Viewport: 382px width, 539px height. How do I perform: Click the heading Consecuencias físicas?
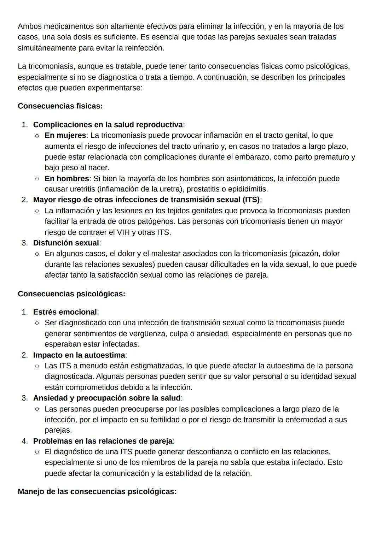coord(60,106)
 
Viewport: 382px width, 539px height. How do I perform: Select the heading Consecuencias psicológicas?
coord(71,294)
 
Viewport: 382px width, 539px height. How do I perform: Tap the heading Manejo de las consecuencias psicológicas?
coord(97,492)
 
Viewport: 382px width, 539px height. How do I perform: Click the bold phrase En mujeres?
coord(65,135)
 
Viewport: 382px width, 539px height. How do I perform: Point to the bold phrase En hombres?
coord(66,179)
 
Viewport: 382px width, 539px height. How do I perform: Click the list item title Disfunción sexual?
coord(66,243)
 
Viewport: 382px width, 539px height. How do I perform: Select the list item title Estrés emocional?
coord(65,312)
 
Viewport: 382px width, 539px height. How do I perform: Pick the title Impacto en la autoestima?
coord(79,355)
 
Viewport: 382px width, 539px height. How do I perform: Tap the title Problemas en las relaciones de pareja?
coord(103,441)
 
